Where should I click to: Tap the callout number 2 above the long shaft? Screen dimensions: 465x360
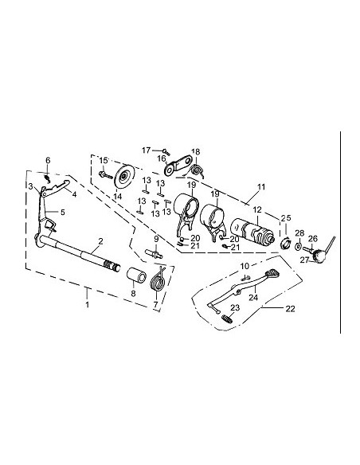[100, 240]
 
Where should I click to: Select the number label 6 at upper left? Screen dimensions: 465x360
[48, 161]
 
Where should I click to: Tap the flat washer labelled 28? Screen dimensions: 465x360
[297, 248]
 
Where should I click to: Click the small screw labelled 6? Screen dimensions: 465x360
[49, 173]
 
